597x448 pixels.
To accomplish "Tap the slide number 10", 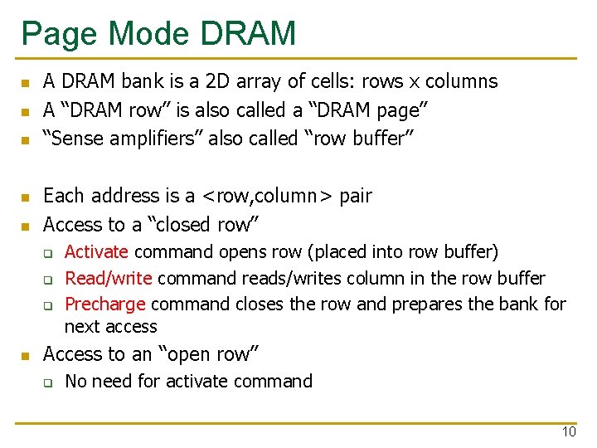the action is (x=569, y=431).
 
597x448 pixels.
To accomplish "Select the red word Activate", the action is (x=96, y=251).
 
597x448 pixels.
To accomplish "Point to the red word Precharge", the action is (x=105, y=304).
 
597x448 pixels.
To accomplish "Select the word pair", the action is (x=356, y=197).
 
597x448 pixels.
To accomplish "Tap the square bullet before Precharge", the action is (x=49, y=305).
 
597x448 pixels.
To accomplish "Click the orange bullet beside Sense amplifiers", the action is (x=26, y=140).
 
